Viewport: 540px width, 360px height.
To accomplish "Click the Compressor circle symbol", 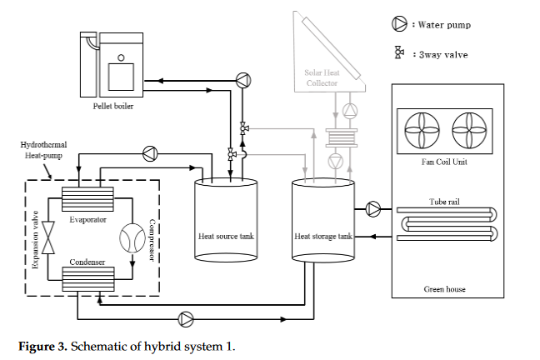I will coord(132,239).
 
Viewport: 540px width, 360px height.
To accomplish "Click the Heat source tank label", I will coord(226,237).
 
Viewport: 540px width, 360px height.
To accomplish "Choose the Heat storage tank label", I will coord(323,237).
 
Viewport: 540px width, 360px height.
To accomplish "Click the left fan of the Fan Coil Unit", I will coord(421,131).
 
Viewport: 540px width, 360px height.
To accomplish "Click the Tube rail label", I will coord(444,202).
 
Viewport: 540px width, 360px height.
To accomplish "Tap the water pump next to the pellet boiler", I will coord(242,80).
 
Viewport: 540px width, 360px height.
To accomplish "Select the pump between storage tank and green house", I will coord(372,208).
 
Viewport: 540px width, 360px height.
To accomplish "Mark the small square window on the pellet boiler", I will coord(122,57).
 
